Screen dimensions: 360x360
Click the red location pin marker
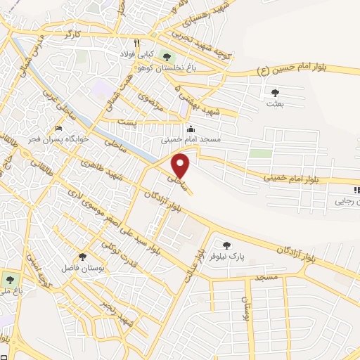(181, 166)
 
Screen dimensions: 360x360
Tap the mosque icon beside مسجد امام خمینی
(191, 129)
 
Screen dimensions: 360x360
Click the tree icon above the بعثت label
(274, 92)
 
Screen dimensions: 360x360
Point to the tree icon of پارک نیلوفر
(226, 245)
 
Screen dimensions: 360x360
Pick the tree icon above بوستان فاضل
(83, 257)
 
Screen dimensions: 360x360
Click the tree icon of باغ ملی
(9, 281)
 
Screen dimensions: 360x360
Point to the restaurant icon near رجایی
(357, 190)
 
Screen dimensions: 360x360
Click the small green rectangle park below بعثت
(261, 153)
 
